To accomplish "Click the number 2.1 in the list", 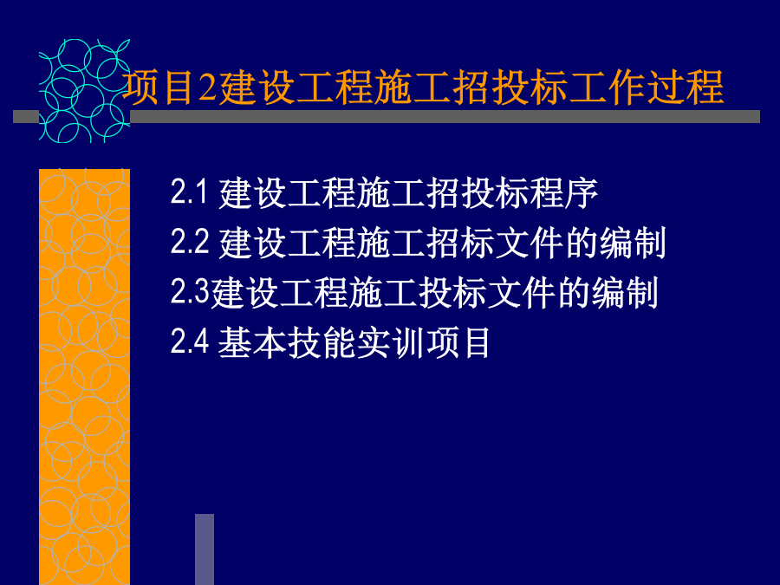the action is (x=189, y=192).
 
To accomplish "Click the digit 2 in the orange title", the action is (x=208, y=88).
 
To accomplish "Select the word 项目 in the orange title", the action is (x=159, y=88).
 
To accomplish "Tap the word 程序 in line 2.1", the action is (x=563, y=193).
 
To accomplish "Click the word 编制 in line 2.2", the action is (x=633, y=243).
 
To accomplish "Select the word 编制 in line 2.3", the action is (x=625, y=293).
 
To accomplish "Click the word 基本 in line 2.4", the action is (x=251, y=342).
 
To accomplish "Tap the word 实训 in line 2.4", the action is (x=390, y=342).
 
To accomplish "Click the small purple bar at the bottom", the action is (x=205, y=549).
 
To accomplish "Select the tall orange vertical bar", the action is (x=85, y=377).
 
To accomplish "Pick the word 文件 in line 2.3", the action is (x=522, y=293).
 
